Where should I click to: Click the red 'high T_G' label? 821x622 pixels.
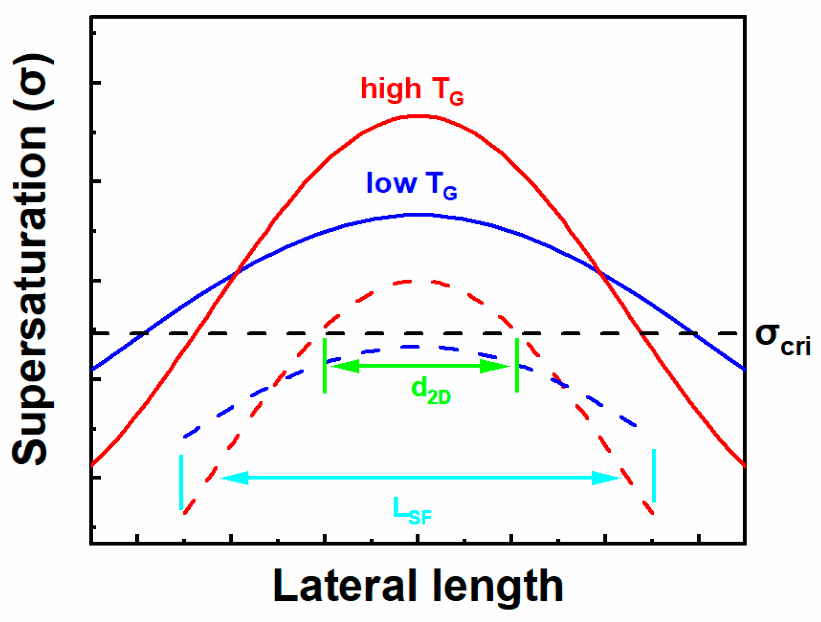point(411,90)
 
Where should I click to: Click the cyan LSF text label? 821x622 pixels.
point(411,511)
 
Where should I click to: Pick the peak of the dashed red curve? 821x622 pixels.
point(413,281)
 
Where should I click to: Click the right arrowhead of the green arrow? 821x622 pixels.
point(495,367)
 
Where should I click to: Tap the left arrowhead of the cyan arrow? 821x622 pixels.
point(234,478)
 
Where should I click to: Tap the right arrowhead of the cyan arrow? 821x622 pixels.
point(607,478)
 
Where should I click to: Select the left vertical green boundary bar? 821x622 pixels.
point(325,366)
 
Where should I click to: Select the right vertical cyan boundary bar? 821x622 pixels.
point(654,476)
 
